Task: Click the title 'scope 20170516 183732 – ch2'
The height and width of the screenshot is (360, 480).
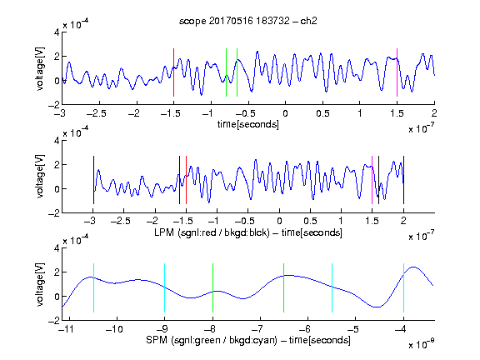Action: [248, 21]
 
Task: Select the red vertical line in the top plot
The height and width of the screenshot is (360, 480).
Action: [173, 72]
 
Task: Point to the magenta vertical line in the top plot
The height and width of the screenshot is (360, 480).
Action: [397, 72]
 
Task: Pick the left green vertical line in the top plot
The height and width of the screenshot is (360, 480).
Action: [226, 72]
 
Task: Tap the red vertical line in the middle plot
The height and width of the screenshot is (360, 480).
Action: [186, 180]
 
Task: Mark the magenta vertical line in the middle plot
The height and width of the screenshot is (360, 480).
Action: [372, 180]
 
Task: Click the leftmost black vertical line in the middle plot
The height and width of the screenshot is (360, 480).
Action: [93, 180]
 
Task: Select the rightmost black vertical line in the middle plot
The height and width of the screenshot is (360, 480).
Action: [403, 180]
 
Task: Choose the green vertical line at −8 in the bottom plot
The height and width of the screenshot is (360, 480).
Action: [212, 287]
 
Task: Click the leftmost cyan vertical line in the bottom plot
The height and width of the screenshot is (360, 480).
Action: [93, 287]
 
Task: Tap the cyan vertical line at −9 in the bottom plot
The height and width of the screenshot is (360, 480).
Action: [165, 287]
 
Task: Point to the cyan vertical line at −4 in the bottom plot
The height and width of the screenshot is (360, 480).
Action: [403, 287]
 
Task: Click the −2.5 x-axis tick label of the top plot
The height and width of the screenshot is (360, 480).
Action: [97, 113]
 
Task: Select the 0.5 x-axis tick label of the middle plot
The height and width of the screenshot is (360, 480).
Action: [310, 221]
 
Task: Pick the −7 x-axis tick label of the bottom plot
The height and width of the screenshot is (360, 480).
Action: [257, 329]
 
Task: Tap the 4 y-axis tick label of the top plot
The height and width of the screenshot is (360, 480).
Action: [57, 32]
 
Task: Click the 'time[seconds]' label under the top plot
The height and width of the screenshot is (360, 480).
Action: [248, 125]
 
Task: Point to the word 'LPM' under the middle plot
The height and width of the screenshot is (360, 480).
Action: [164, 232]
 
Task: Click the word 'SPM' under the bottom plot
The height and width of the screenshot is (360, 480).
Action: [157, 340]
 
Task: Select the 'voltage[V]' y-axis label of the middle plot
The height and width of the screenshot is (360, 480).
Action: [40, 177]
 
